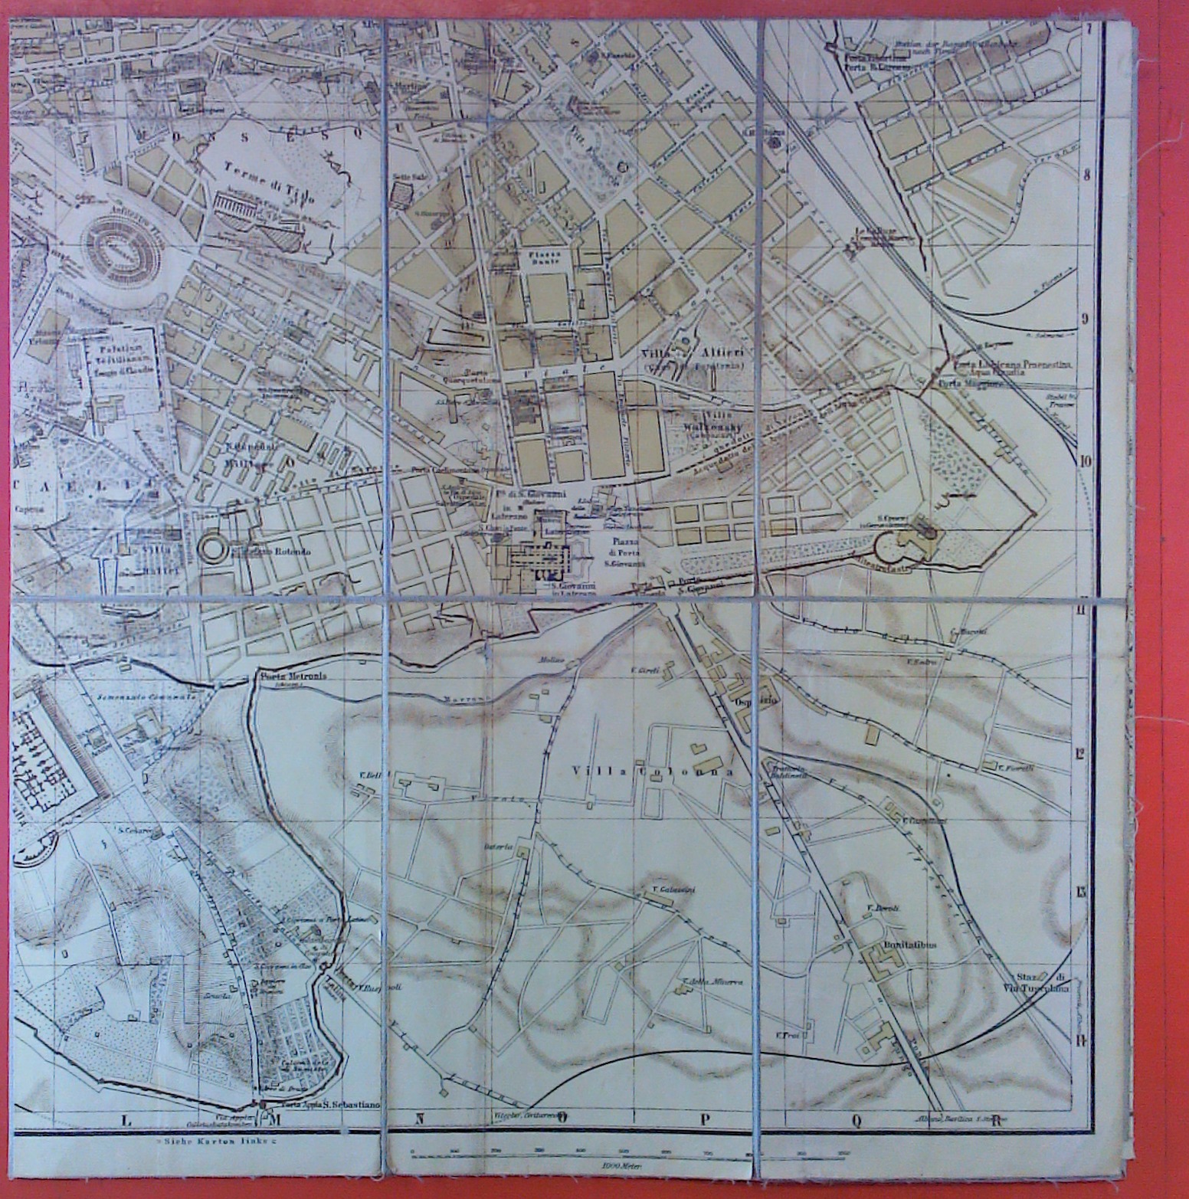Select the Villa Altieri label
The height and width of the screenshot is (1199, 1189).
point(696,352)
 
